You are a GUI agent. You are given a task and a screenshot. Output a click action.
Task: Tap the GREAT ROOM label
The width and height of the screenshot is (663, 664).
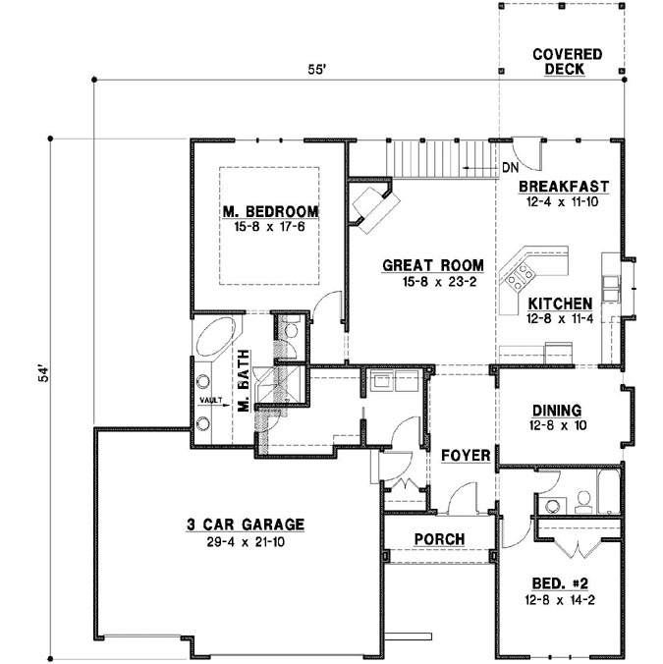(433, 265)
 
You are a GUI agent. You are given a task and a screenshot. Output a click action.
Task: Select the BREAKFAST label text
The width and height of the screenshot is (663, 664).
(564, 186)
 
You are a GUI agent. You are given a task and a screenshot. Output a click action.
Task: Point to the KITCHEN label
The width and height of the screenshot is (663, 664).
(559, 304)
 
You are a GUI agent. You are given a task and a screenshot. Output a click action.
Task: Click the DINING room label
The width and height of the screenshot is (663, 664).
(557, 411)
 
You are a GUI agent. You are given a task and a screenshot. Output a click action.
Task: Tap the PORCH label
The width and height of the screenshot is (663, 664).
(437, 539)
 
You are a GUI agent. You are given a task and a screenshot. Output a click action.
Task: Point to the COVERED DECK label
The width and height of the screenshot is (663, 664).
(567, 61)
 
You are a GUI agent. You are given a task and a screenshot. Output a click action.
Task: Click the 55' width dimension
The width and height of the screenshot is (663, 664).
(316, 71)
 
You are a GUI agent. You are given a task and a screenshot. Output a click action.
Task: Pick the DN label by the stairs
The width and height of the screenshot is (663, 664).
(509, 168)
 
